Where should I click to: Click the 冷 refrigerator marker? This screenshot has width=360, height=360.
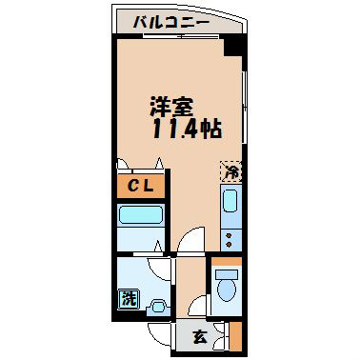click(x=230, y=172)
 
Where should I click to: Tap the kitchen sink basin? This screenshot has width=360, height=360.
click(x=230, y=201)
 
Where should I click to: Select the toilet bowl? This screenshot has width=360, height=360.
click(x=227, y=285)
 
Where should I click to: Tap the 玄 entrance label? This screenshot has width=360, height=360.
click(x=200, y=335)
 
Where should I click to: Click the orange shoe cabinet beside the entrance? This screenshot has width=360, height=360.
click(x=236, y=336)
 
